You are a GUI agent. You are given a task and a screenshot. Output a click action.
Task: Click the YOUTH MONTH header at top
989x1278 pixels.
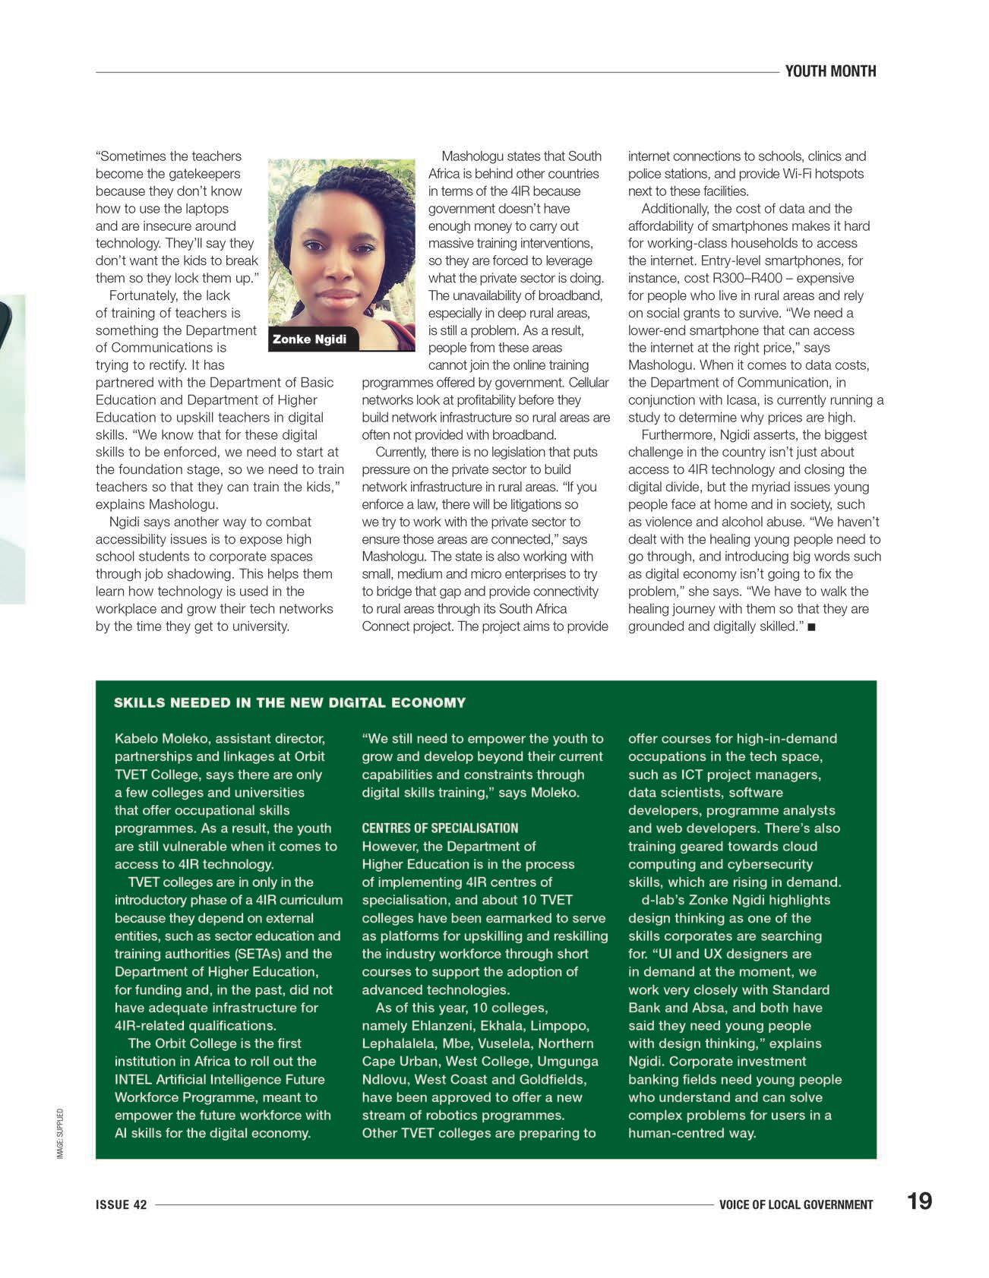pos(830,71)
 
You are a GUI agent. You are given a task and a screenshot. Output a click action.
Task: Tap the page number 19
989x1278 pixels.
pos(919,1201)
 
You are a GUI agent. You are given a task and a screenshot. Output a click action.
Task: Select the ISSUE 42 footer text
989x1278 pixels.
pos(122,1204)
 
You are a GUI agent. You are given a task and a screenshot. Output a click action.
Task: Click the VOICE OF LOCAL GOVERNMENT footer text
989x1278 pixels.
pos(796,1204)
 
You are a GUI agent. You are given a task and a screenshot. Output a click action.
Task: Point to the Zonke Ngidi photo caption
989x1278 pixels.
pos(309,339)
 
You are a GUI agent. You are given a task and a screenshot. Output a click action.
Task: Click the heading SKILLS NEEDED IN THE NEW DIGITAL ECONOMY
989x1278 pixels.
pos(289,702)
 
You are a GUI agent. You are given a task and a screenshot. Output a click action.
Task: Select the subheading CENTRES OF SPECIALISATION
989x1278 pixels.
pos(440,828)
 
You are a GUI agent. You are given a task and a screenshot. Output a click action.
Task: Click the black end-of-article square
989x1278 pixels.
pos(811,627)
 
